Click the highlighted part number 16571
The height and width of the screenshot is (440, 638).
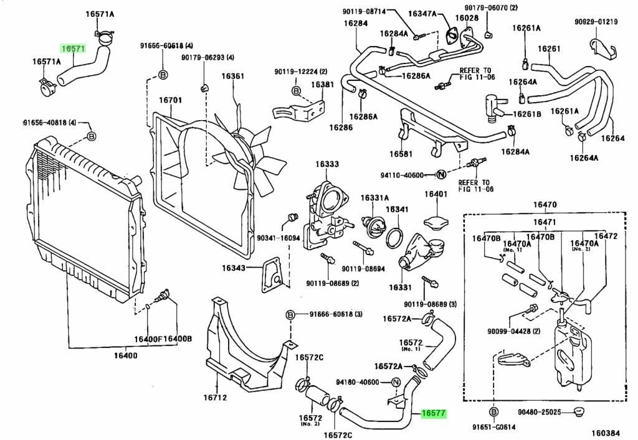[x=74, y=49]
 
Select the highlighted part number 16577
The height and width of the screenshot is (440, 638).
[x=434, y=414]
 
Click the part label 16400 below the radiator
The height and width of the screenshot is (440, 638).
[x=125, y=356]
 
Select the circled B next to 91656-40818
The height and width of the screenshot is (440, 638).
[x=92, y=136]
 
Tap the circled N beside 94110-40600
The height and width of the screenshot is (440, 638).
[x=440, y=175]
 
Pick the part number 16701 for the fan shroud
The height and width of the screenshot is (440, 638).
[x=171, y=100]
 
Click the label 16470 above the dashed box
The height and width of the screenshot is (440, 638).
[x=545, y=205]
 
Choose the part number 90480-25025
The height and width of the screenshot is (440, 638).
[x=539, y=413]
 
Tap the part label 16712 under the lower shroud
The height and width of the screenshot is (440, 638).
[x=215, y=398]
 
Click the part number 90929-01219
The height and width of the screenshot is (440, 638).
[x=596, y=22]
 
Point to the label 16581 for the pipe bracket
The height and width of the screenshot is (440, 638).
[x=401, y=154]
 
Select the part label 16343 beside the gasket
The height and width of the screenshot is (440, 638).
[x=234, y=268]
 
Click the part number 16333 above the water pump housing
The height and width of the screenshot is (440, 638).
[x=326, y=164]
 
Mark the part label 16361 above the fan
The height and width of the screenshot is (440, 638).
[x=233, y=76]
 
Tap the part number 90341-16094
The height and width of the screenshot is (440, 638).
[x=279, y=238]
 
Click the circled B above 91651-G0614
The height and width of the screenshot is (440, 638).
[x=493, y=413]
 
